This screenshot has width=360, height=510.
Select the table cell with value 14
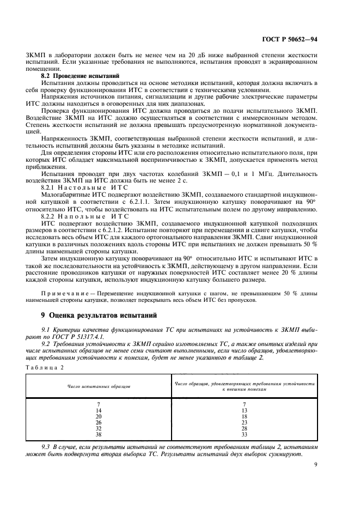tap(99, 410)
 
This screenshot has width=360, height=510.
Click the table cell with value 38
tap(99, 434)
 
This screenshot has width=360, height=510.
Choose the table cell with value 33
tap(244, 434)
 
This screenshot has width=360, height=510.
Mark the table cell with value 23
tap(244, 422)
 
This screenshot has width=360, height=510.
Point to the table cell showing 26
tap(99, 422)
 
